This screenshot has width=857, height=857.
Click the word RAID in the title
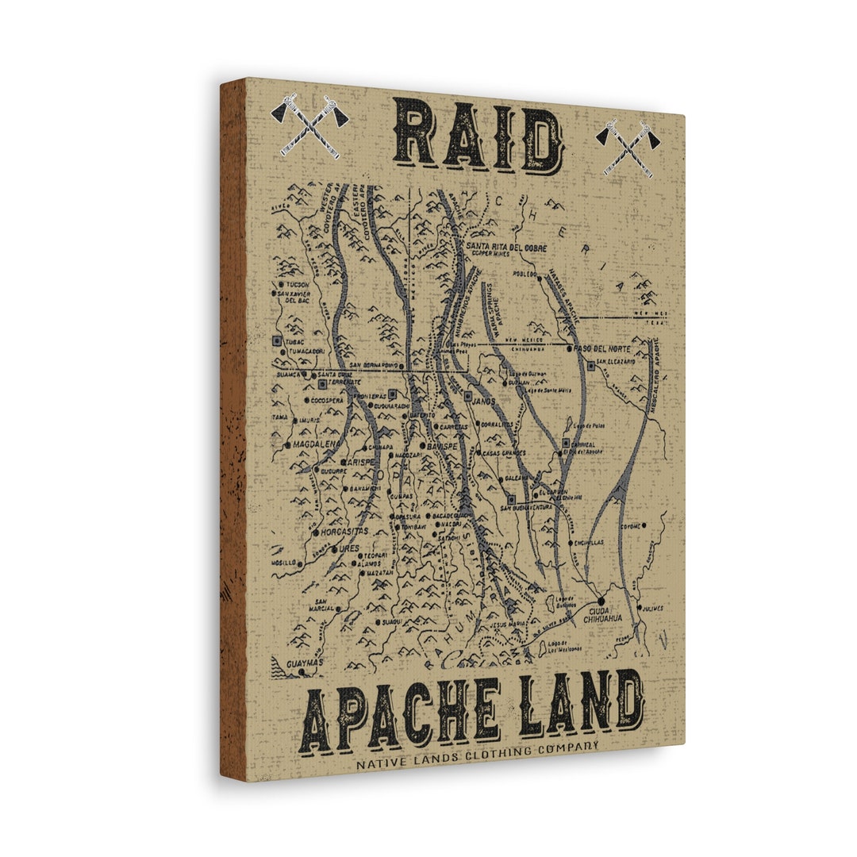point(478,139)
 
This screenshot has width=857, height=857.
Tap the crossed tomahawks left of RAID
point(309,125)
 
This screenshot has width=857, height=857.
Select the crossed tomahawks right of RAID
point(628,148)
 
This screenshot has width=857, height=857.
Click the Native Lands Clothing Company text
point(477,756)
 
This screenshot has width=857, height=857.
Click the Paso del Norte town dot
point(570,348)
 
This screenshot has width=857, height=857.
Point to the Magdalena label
point(315,445)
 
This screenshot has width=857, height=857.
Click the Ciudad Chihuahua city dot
point(601,600)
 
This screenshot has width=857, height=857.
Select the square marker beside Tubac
point(275,340)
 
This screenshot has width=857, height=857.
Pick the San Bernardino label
point(373,365)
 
